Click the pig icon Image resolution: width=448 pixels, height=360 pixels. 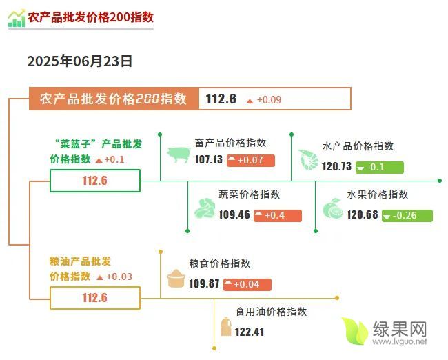point(179,154)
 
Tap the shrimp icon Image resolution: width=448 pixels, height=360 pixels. point(308,159)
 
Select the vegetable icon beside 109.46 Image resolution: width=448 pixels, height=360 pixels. point(205,208)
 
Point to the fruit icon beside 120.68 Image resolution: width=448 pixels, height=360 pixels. point(333,208)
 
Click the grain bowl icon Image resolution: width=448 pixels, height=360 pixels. point(176,278)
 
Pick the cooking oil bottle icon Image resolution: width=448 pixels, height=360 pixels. point(225,326)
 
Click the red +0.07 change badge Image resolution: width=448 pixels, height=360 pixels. point(251,161)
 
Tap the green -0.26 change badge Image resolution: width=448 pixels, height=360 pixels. point(407,216)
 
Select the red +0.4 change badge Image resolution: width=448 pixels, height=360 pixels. point(278,216)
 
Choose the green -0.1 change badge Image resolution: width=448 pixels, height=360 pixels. point(380,168)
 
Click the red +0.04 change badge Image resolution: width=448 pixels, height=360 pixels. point(247,285)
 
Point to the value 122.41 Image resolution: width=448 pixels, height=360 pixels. point(250,332)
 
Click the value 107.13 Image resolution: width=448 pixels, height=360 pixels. point(208,159)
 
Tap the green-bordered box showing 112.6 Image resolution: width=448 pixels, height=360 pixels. point(95,181)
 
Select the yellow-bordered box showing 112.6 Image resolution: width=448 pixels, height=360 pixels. point(95,298)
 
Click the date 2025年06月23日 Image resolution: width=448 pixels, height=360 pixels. point(80,61)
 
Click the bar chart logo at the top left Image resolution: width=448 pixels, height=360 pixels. point(17,19)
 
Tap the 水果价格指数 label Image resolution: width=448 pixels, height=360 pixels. point(378,194)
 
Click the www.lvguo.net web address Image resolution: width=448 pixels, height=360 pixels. point(400,341)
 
